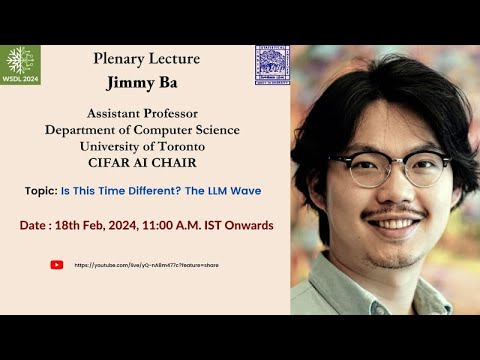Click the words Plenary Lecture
[x=146, y=59]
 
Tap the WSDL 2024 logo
[x=19, y=63]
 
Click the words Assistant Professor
[x=142, y=114]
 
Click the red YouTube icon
[x=56, y=265]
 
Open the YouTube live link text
[x=146, y=265]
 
